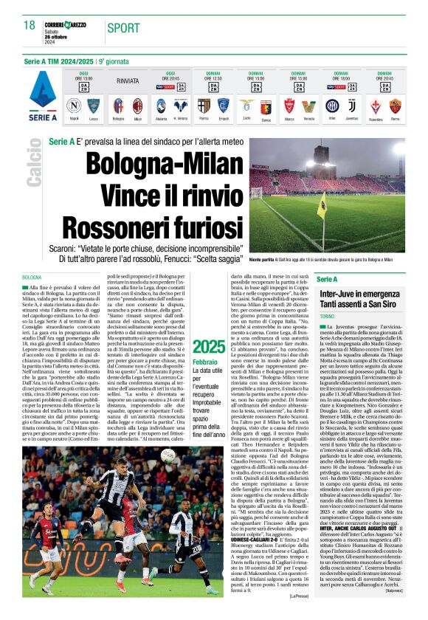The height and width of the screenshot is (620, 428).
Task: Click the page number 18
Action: [30, 26]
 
